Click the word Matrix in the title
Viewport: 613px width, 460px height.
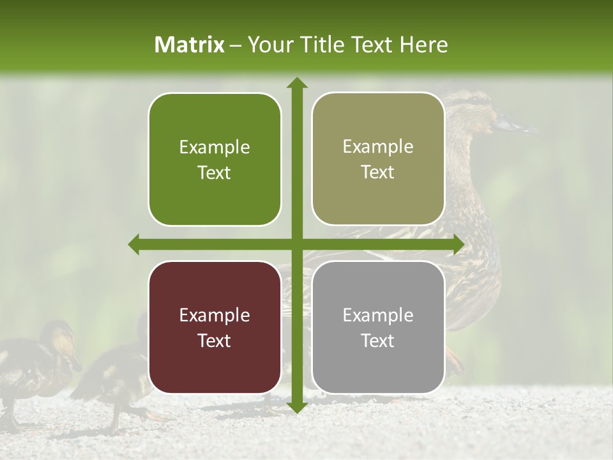tap(190, 45)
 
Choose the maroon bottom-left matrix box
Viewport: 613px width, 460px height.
tap(215, 364)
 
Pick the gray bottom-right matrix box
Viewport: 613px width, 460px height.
tap(378, 364)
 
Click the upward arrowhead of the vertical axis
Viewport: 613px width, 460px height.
tap(296, 84)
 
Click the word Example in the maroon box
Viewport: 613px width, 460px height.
tap(215, 315)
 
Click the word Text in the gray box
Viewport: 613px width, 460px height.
tap(378, 341)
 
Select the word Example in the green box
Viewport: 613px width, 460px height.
tap(215, 147)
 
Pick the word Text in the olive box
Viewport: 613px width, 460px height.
tap(378, 172)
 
